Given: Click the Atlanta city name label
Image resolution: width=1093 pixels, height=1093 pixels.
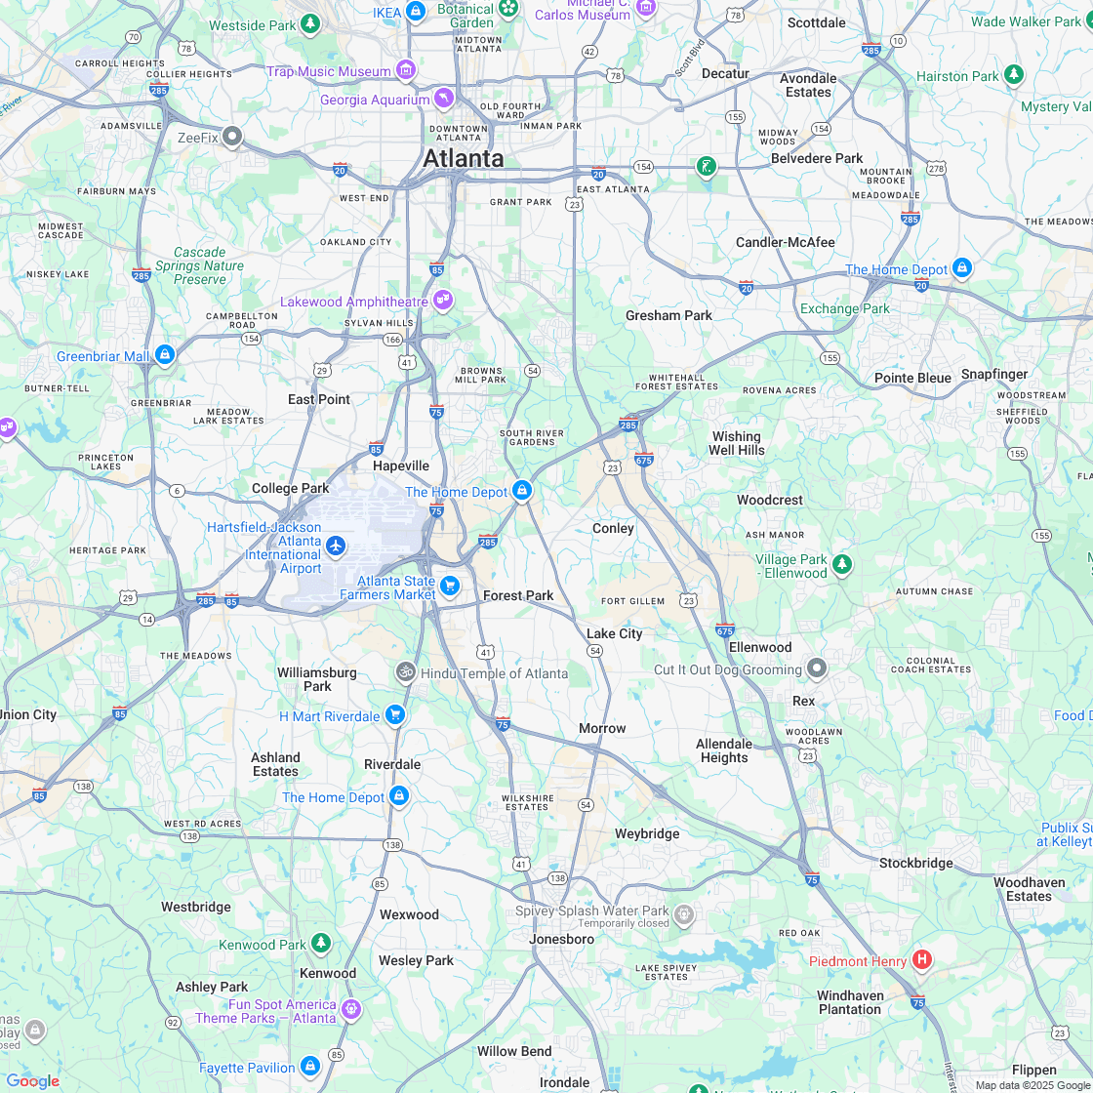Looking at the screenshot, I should point(463,158).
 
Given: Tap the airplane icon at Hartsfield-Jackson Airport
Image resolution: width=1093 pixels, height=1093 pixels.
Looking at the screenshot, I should point(337,546).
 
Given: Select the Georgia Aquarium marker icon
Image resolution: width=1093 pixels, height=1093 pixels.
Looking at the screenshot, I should point(444,100).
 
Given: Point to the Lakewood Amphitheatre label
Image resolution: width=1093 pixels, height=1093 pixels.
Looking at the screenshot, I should point(353,302).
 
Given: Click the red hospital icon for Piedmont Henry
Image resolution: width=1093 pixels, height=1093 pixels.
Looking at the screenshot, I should point(921,960).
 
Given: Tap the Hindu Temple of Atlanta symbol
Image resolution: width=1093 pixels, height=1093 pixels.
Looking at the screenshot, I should point(405,672).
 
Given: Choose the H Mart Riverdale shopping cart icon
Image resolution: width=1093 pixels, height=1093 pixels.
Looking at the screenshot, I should point(394,715).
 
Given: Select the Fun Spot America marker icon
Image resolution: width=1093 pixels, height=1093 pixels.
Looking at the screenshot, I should point(351,1009).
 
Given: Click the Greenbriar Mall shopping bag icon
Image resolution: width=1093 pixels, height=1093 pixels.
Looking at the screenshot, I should point(164,355).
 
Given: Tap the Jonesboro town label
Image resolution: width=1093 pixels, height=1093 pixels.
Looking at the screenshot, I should point(561,939).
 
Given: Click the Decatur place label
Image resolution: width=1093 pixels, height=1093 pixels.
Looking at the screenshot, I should point(725,73).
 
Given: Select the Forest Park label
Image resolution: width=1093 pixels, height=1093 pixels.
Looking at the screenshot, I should point(518,595).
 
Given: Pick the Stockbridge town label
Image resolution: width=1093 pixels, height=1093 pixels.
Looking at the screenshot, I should point(915,863).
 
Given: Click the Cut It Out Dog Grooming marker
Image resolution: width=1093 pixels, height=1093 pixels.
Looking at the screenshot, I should point(817,668).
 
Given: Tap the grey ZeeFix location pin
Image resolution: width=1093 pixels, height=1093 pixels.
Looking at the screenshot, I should point(232,137).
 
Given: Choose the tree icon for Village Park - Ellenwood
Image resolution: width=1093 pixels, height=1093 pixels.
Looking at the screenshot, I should point(841,564).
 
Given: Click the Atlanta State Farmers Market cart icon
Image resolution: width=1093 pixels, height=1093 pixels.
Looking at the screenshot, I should point(450,586).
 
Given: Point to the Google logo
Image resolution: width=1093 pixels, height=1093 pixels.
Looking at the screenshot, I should point(32,1080).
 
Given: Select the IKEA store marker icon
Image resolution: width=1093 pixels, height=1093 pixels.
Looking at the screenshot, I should point(416,12).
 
